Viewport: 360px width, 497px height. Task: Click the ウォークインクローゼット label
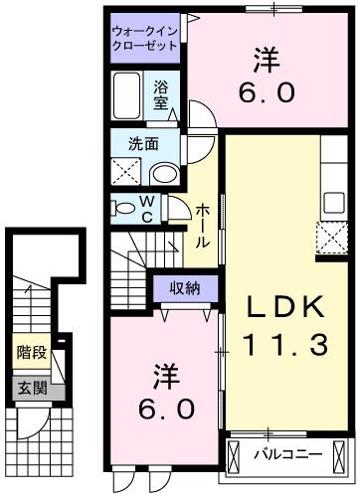pos(145,39)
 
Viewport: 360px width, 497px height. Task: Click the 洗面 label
pos(142,143)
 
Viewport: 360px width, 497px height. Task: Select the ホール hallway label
pos(202,226)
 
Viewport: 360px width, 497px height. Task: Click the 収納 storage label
pos(184,289)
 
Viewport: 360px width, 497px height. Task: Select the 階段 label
pos(31,352)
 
